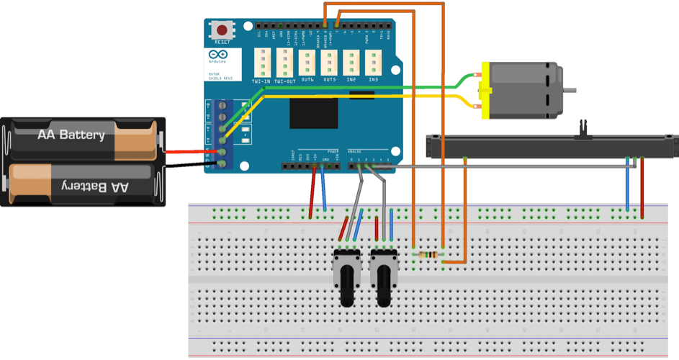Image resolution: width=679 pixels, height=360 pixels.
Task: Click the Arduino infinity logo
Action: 218,54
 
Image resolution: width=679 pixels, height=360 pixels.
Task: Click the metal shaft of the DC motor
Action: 570,90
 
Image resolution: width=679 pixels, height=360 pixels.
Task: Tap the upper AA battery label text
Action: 71,135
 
